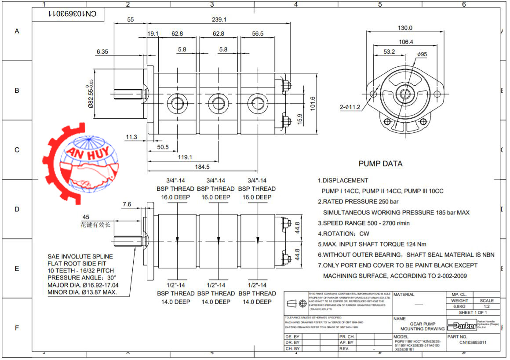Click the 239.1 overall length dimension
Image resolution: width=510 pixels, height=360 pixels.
click(x=219, y=19)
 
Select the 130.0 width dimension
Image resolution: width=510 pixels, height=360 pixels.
click(x=404, y=28)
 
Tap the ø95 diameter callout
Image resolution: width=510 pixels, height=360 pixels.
click(x=422, y=54)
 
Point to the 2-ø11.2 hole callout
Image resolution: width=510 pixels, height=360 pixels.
click(x=350, y=107)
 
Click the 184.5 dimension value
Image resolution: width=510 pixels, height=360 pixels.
click(x=202, y=167)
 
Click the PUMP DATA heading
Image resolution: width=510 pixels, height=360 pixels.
click(x=380, y=164)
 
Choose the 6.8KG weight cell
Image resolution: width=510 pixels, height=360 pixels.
click(x=459, y=306)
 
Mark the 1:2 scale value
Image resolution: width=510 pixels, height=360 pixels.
click(x=487, y=306)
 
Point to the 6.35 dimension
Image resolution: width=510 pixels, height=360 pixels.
click(x=102, y=51)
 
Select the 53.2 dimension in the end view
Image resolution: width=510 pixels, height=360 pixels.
click(x=389, y=51)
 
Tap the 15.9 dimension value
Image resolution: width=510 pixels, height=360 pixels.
click(x=300, y=118)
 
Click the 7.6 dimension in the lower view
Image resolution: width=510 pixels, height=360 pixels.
click(x=127, y=204)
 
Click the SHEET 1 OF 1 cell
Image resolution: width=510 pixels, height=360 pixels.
click(x=473, y=313)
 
